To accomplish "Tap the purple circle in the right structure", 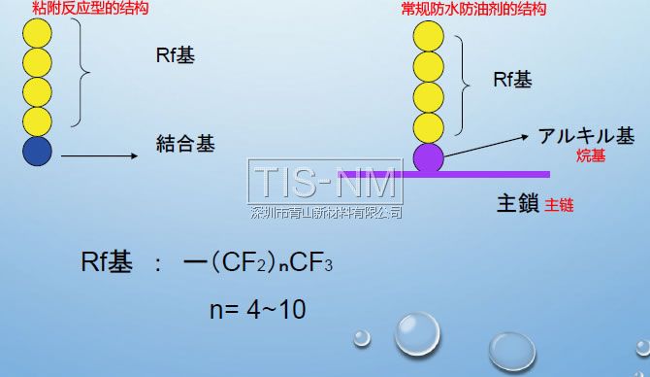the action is point(428,158).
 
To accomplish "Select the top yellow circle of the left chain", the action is point(38,32).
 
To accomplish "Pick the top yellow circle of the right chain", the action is point(428,38).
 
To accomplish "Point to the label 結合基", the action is point(185,144).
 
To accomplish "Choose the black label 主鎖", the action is point(516,204).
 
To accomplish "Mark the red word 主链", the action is point(560,205).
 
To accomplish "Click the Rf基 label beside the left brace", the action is point(175,55).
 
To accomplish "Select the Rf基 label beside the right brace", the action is point(512,80).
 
